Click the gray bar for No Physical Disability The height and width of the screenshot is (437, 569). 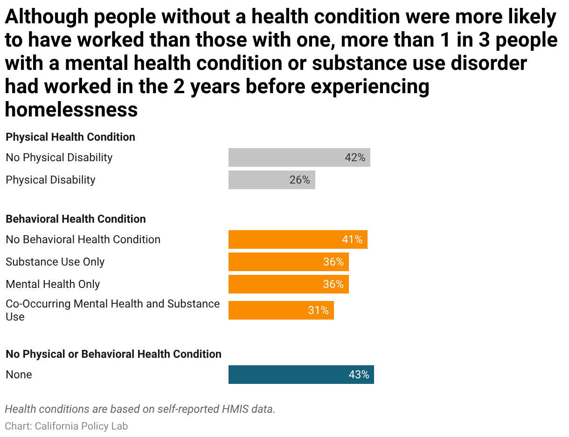pos(299,157)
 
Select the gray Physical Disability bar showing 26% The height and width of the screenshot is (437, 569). pos(271,180)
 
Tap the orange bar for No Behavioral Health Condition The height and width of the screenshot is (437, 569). pos(298,239)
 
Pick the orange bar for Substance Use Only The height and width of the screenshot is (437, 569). pos(288,262)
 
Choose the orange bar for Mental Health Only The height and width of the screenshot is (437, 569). pos(288,284)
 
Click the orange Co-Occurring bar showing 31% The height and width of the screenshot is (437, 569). pos(281,310)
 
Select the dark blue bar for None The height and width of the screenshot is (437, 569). pos(301,375)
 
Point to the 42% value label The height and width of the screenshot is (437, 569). pos(355,157)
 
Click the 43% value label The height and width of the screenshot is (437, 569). pos(359,375)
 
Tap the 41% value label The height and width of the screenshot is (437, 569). pos(352,239)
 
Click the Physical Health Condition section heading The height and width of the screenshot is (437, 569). pos(70,137)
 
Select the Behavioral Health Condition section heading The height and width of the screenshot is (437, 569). pos(76,219)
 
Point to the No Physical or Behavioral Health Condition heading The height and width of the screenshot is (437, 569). pos(114,354)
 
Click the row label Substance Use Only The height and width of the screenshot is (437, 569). pos(55,262)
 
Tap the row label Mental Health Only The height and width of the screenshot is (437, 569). pos(53,284)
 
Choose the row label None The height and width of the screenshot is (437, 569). pos(19,375)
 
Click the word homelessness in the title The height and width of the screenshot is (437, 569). pos(71,109)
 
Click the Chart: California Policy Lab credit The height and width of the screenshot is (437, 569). pos(66,426)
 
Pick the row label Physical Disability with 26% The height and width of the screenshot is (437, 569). pos(50,180)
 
